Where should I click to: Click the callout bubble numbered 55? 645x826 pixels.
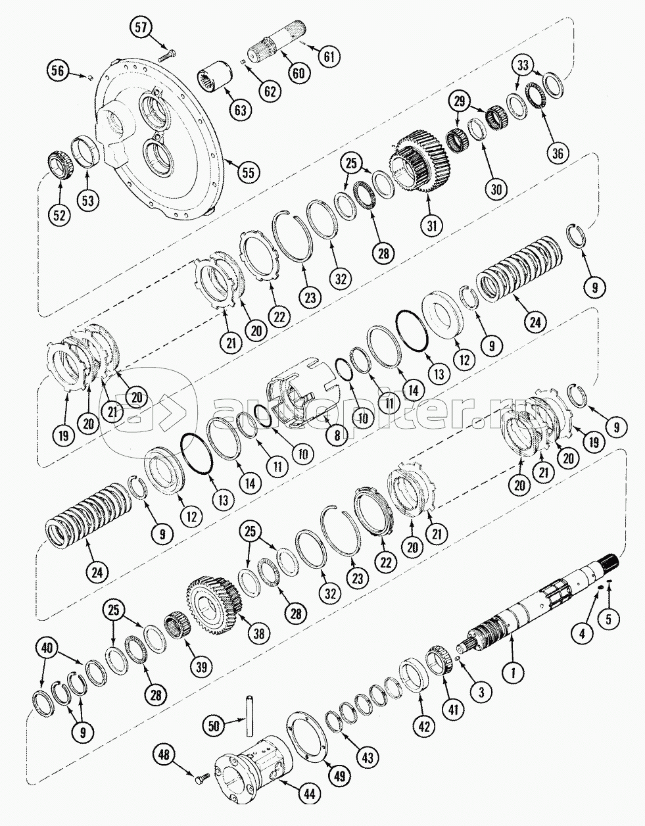pyautogui.click(x=249, y=173)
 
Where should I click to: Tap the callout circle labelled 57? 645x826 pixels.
pyautogui.click(x=143, y=28)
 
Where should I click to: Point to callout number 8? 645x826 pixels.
pyautogui.click(x=337, y=435)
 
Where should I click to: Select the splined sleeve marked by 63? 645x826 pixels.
pyautogui.click(x=217, y=81)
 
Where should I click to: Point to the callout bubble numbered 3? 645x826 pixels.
pyautogui.click(x=481, y=691)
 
